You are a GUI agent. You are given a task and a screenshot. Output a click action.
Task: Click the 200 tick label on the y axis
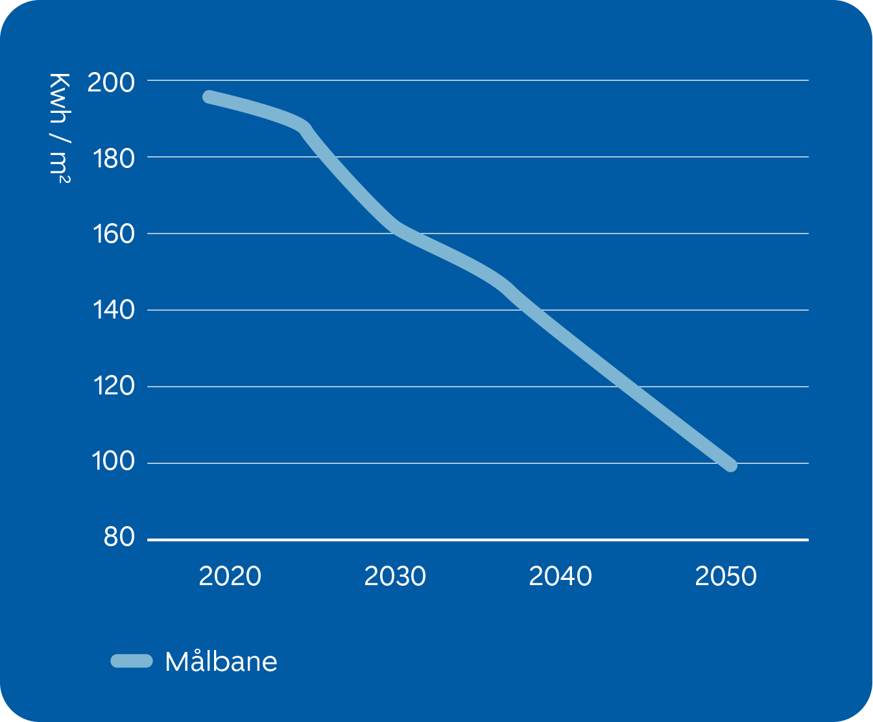pyautogui.click(x=111, y=82)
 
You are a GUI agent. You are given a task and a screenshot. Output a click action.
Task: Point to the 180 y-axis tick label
pyautogui.click(x=114, y=158)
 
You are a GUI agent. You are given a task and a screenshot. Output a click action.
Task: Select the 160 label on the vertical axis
pyautogui.click(x=113, y=234)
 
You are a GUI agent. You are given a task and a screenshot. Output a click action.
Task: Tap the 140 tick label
pyautogui.click(x=113, y=310)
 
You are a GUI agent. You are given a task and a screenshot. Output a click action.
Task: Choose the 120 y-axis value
pyautogui.click(x=113, y=387)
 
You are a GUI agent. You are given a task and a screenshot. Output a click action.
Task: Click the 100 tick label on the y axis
pyautogui.click(x=113, y=462)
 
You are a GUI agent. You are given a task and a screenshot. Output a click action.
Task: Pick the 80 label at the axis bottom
pyautogui.click(x=119, y=537)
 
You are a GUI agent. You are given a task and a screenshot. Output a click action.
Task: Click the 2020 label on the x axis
pyautogui.click(x=230, y=576)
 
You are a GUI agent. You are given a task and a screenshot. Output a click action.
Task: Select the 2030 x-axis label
pyautogui.click(x=395, y=576)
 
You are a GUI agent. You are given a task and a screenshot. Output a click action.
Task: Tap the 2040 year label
pyautogui.click(x=560, y=576)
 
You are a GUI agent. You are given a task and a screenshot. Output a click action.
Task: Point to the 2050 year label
pyautogui.click(x=726, y=576)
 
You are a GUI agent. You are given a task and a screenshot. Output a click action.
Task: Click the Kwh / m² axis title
pyautogui.click(x=60, y=128)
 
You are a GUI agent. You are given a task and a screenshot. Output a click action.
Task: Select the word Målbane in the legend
pyautogui.click(x=221, y=662)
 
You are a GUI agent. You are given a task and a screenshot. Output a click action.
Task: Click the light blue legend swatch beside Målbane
pyautogui.click(x=132, y=661)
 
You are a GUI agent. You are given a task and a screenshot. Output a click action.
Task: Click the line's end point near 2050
pyautogui.click(x=731, y=464)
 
